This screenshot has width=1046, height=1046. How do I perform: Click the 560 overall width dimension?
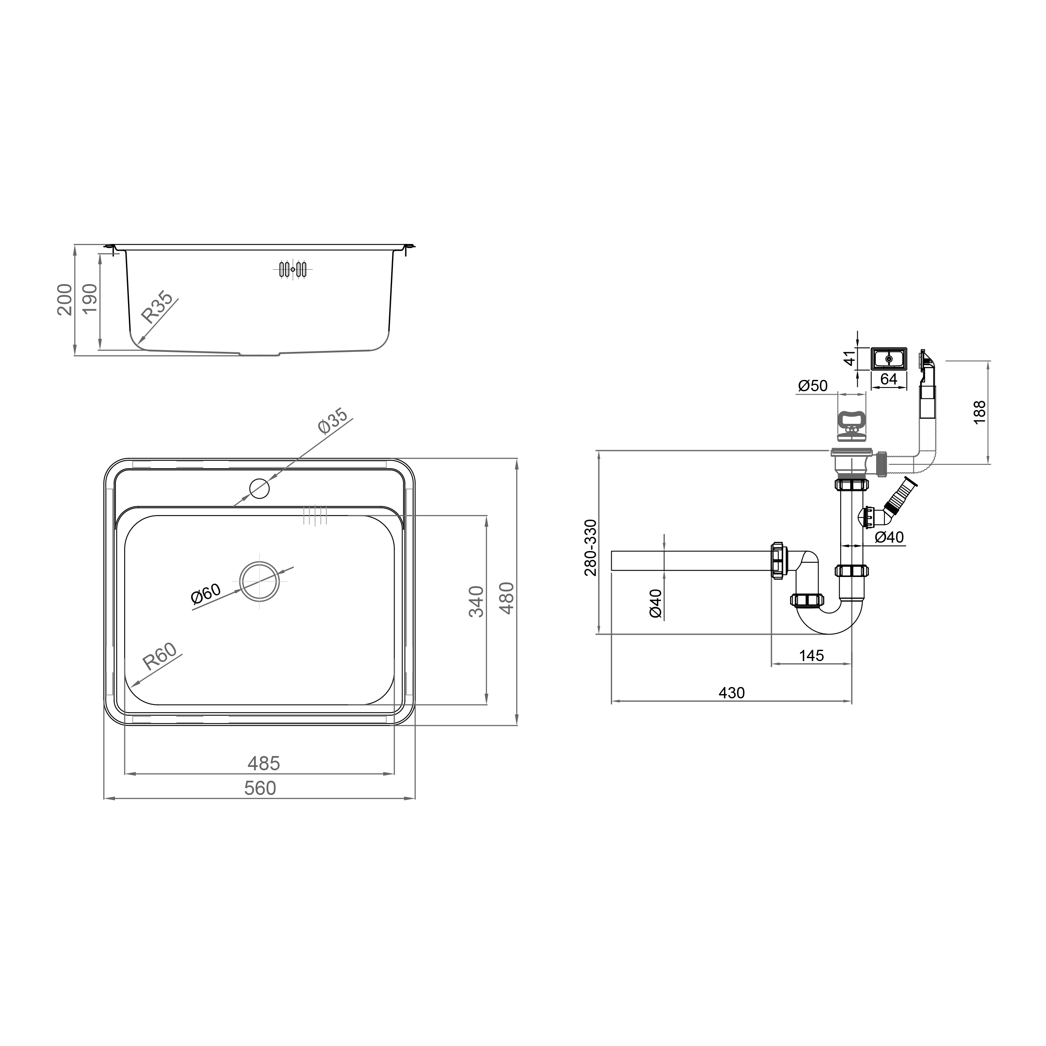(260, 788)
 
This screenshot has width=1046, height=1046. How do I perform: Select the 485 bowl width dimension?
(264, 764)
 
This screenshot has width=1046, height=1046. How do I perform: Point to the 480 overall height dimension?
(506, 598)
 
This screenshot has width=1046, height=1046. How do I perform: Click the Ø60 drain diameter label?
(206, 594)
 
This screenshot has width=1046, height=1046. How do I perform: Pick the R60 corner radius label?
(160, 656)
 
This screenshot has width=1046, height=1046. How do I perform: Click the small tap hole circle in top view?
(259, 489)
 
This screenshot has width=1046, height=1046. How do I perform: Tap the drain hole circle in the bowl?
(259, 581)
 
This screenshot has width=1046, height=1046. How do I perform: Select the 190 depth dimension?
(90, 298)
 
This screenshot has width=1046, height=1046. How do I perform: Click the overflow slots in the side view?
(293, 269)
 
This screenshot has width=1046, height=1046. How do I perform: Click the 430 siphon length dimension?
(731, 693)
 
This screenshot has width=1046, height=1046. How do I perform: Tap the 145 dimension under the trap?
(811, 656)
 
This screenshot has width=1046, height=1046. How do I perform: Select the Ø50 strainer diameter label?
(813, 385)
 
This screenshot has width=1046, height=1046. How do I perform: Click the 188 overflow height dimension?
(979, 412)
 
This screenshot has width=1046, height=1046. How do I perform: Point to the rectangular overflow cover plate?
(888, 359)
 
